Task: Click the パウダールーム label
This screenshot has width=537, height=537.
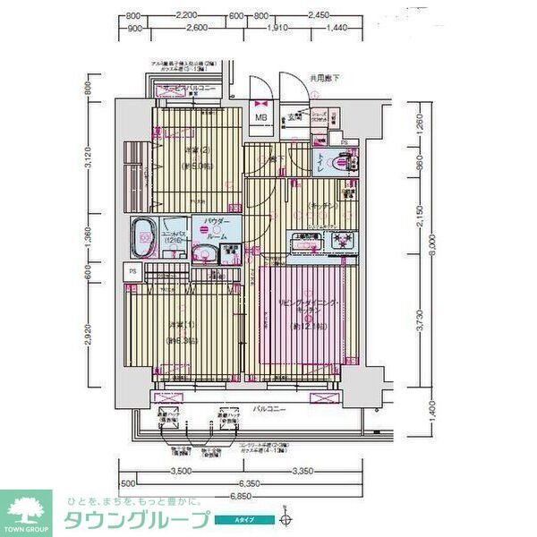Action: click(216, 224)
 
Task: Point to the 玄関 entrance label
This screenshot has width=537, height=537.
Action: click(292, 115)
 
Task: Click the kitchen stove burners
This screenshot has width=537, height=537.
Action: click(340, 240)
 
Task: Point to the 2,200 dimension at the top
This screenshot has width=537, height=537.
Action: click(186, 16)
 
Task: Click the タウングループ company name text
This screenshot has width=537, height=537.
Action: click(135, 520)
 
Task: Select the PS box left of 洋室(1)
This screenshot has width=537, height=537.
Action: click(132, 272)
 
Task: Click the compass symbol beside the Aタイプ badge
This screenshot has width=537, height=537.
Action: click(286, 518)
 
